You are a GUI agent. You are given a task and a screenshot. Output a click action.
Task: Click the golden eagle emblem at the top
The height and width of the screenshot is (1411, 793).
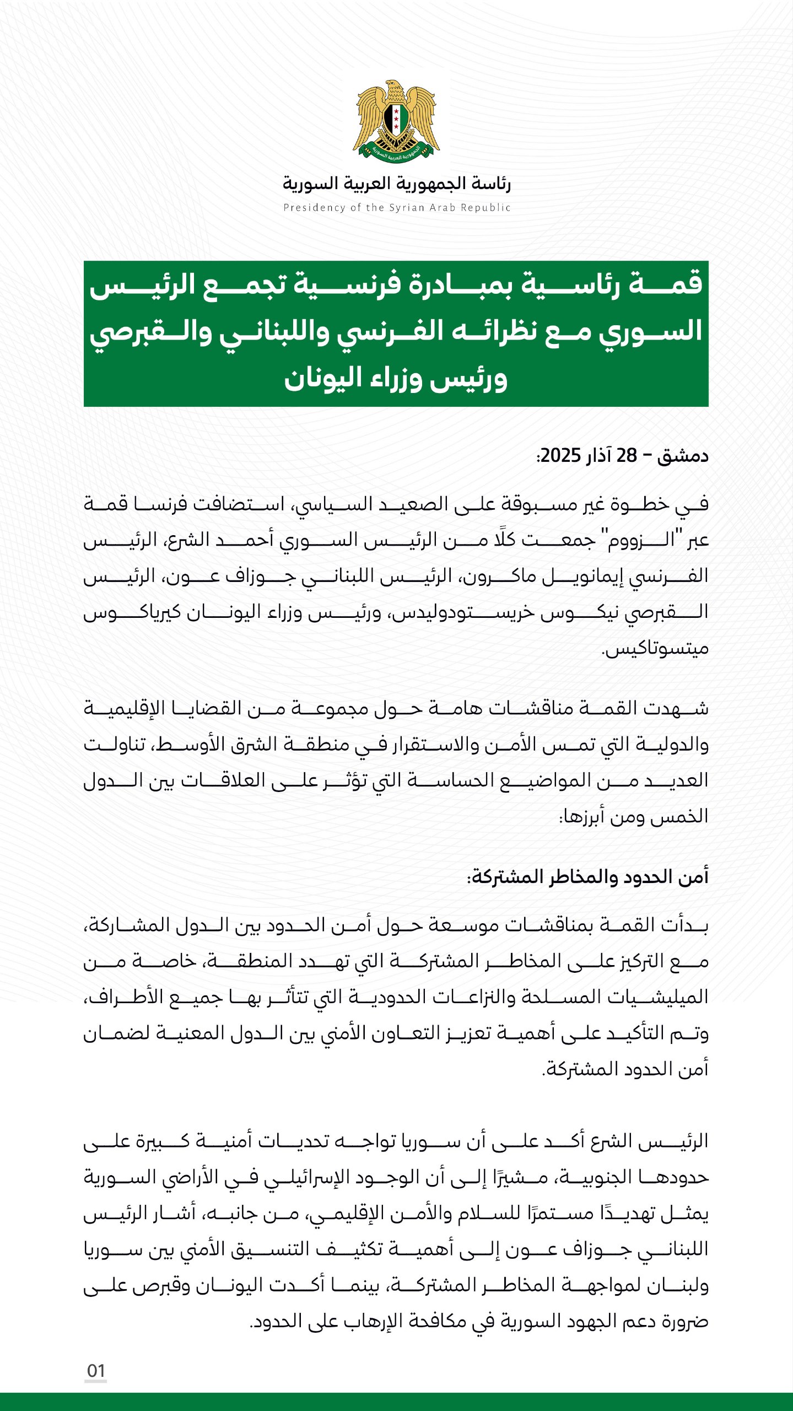point(396,122)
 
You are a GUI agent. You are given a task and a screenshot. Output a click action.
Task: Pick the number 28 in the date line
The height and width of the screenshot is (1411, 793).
point(627,456)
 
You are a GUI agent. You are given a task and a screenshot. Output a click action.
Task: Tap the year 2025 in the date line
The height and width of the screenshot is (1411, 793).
point(561,456)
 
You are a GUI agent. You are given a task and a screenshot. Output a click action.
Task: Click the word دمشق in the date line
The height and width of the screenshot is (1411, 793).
point(683,456)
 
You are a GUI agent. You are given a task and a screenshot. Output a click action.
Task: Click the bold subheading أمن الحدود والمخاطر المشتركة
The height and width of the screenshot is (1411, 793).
point(587,876)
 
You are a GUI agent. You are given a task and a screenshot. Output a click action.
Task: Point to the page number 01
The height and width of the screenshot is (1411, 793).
point(96,1371)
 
